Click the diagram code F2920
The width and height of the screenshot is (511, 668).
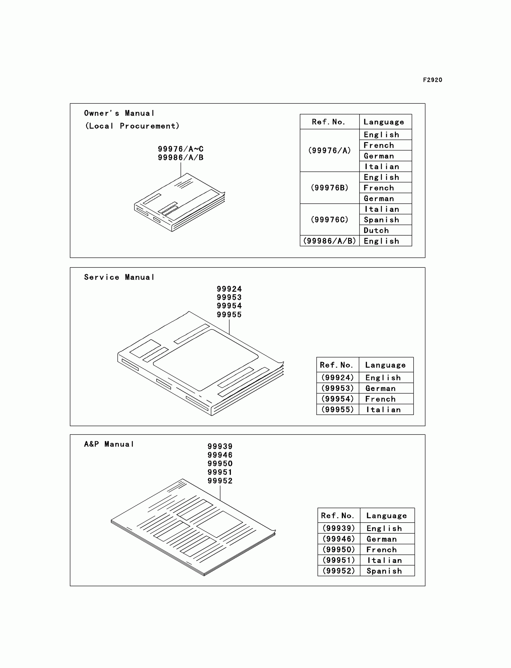(x=432, y=80)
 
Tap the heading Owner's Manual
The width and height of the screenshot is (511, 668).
(x=119, y=113)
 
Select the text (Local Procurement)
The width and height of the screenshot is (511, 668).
(x=132, y=126)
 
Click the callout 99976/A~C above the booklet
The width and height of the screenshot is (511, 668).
(x=180, y=149)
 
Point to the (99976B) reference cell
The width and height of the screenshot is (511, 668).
(x=329, y=188)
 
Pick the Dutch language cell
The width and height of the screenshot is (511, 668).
(x=376, y=230)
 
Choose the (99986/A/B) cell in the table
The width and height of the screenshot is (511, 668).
(x=329, y=241)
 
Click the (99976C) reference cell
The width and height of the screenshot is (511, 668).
(x=329, y=220)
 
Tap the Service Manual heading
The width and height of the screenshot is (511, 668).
(x=119, y=277)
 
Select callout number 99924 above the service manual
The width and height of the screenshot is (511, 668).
(x=229, y=289)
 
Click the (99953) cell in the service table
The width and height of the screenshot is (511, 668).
(x=338, y=388)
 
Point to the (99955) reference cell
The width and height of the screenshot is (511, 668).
(x=338, y=410)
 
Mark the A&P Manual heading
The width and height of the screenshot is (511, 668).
(x=109, y=444)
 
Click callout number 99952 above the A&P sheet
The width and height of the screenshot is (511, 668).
(x=220, y=481)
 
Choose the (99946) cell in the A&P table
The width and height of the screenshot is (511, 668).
(x=338, y=539)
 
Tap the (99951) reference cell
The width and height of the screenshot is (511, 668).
(x=338, y=560)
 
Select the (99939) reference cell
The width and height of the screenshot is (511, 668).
(x=338, y=528)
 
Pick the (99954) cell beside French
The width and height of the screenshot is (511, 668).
(x=338, y=399)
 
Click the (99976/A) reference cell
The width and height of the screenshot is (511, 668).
(x=329, y=151)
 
